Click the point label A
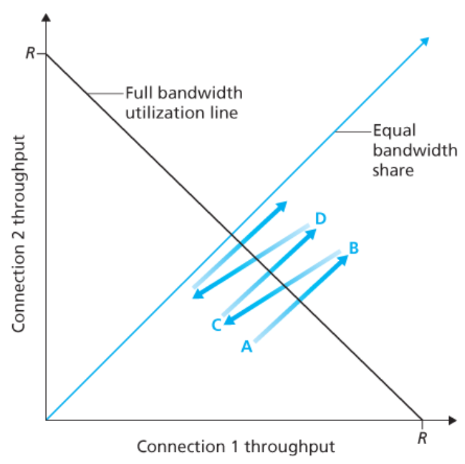246,347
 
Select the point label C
216,325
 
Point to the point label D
321,219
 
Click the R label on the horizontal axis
422,439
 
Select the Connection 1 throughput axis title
236,445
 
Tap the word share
390,171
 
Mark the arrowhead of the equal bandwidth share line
425,42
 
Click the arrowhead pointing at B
343,259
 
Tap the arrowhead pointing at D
312,232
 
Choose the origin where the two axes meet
46,420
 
